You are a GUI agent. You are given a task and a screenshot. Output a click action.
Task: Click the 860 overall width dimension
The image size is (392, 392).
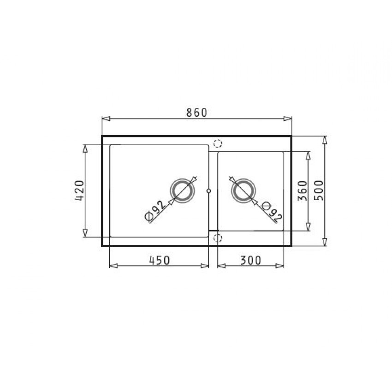pyautogui.click(x=197, y=113)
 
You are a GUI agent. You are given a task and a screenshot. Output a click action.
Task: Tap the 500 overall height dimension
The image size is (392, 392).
pyautogui.click(x=319, y=190)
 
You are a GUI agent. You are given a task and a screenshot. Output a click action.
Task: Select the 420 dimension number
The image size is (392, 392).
pyautogui.click(x=79, y=191)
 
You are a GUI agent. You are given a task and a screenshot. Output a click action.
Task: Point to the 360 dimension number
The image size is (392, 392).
pyautogui.click(x=302, y=191)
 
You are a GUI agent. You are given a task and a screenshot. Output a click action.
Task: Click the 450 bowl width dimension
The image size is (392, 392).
pyautogui.click(x=160, y=260)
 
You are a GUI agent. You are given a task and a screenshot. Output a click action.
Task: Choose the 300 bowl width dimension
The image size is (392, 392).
pyautogui.click(x=250, y=260)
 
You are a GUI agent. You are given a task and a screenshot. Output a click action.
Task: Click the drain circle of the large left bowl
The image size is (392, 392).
pyautogui.click(x=182, y=191)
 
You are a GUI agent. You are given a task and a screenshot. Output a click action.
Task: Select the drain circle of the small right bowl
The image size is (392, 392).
pyautogui.click(x=244, y=191)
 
